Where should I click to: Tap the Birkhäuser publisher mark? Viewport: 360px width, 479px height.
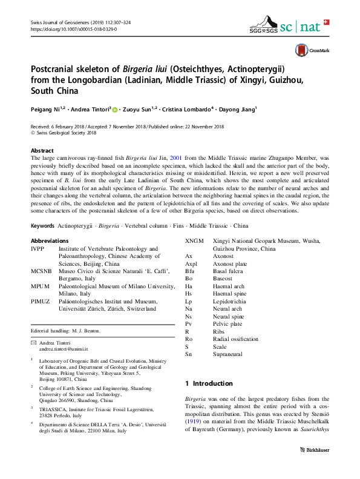coord(315,451)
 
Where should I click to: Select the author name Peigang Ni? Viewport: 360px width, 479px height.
coord(47,110)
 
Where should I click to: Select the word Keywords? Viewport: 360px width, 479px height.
coord(42,225)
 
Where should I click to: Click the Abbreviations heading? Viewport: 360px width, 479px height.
coord(50,241)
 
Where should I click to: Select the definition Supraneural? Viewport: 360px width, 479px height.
coord(227,354)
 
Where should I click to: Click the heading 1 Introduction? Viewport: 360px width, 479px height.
coord(209,383)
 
